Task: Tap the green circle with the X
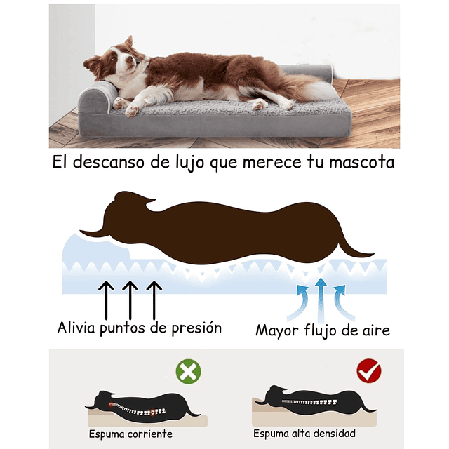click(x=188, y=371)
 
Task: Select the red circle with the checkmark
click(x=368, y=370)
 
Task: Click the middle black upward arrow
click(x=130, y=297)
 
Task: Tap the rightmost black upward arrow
click(x=154, y=297)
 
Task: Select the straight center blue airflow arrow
click(x=321, y=296)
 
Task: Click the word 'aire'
click(x=373, y=329)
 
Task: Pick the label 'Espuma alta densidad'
click(x=304, y=434)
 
